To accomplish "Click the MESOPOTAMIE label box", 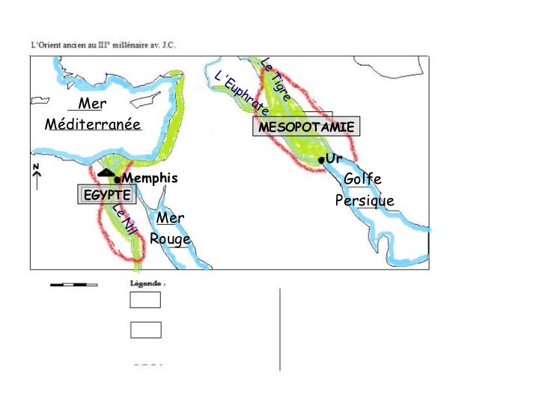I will click(x=305, y=128).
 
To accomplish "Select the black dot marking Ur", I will click(x=320, y=161).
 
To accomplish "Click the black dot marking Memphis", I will click(x=118, y=179).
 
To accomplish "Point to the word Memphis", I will click(x=150, y=179).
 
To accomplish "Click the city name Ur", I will click(x=334, y=159).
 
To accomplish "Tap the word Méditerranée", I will click(x=94, y=124).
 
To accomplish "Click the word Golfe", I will click(x=362, y=180).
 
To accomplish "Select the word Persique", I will click(x=365, y=202).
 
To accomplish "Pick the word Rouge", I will click(x=170, y=240).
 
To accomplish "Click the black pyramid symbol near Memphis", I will click(x=106, y=174).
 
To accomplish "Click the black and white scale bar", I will click(x=73, y=285).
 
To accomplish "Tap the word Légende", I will click(x=147, y=284).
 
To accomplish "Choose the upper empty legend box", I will click(x=145, y=300).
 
